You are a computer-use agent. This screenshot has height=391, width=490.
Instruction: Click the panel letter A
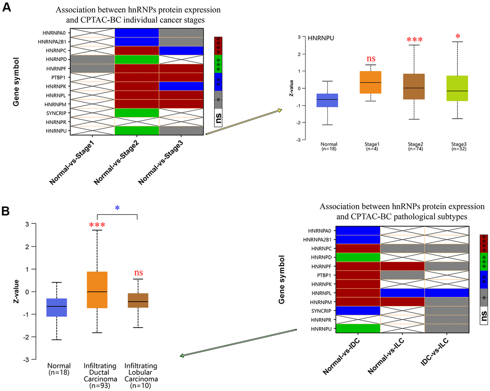click(x=8, y=9)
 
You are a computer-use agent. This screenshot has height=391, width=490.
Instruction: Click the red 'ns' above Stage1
click(x=371, y=59)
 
